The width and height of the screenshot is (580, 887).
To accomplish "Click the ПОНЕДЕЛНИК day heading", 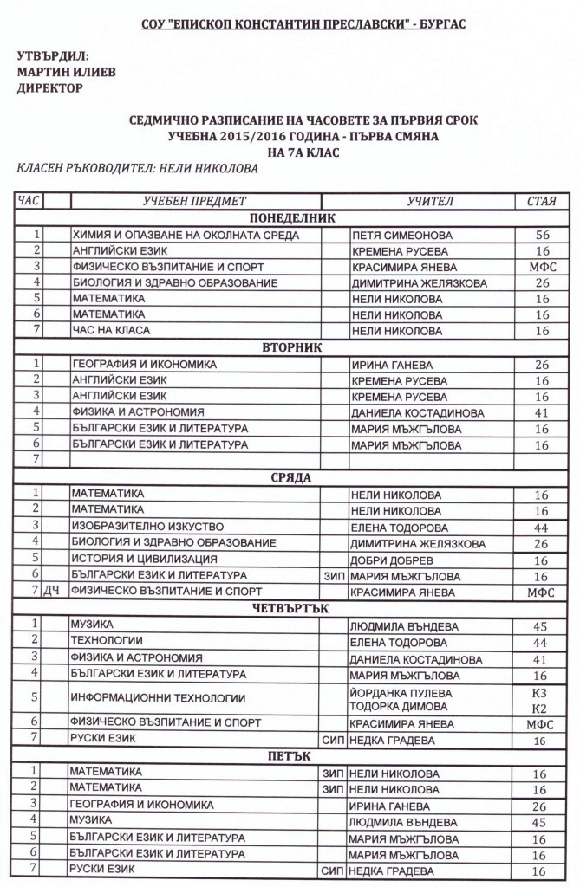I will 291,218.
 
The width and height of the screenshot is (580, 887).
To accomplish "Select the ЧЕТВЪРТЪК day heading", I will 291,608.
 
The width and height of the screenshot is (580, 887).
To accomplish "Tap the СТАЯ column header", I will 541,201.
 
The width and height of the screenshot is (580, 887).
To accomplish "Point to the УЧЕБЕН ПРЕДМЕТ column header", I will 195,201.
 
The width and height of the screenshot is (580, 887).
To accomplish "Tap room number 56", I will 543,235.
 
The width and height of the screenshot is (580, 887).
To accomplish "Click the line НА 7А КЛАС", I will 291,152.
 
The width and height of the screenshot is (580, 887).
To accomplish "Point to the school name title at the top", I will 291,24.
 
